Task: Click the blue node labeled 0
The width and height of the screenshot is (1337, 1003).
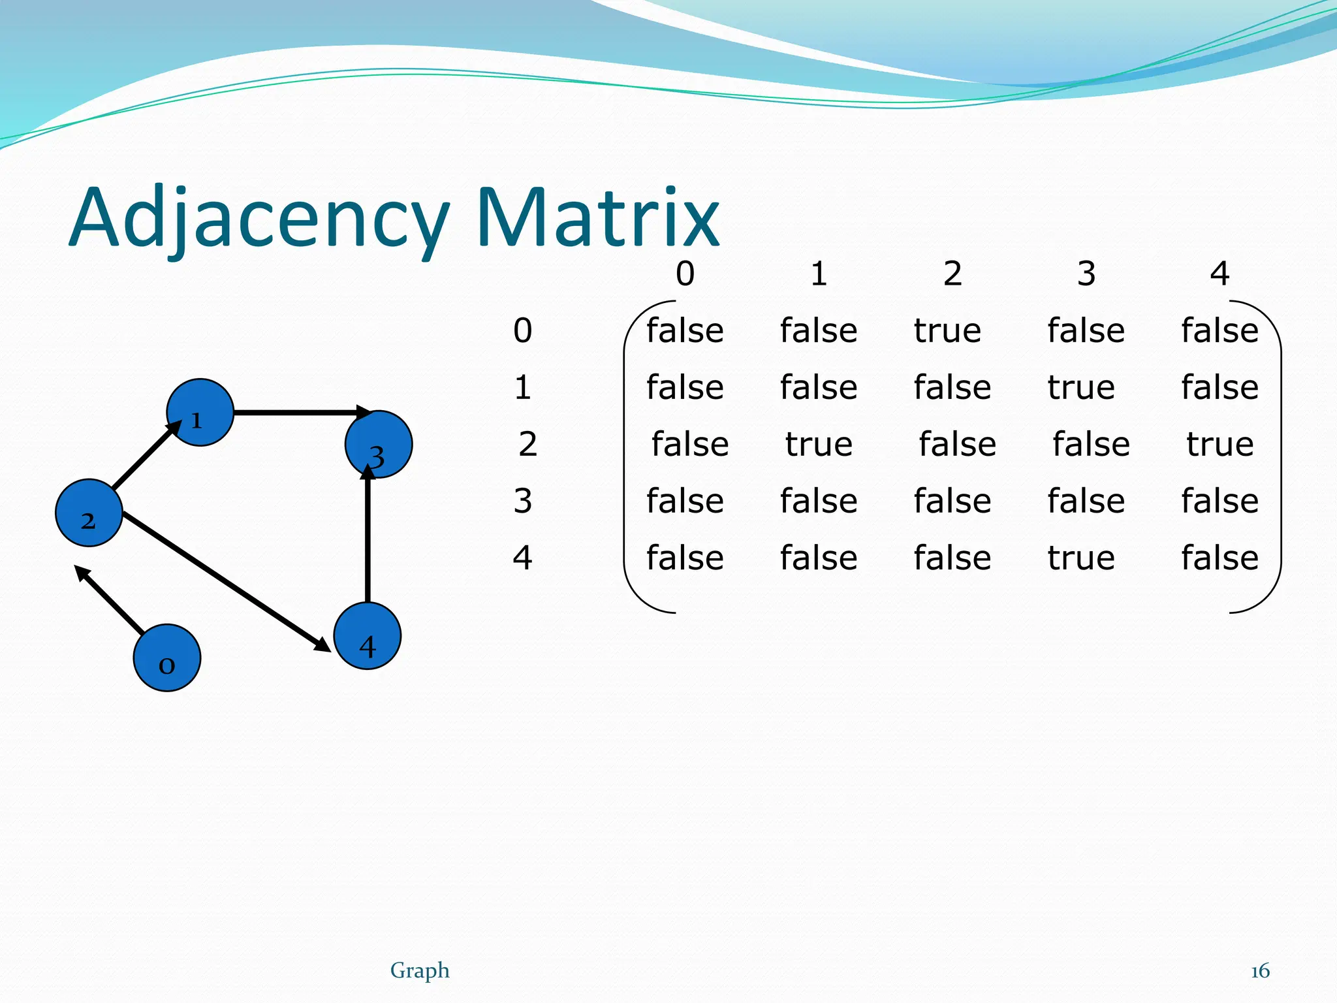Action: (x=166, y=658)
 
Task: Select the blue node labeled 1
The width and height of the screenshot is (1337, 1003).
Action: (x=200, y=412)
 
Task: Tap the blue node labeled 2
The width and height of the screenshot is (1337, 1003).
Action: (x=89, y=513)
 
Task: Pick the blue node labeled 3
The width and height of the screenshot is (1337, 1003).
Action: (x=379, y=444)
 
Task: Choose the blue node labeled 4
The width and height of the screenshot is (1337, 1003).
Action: (x=367, y=635)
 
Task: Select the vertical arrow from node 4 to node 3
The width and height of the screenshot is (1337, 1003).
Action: (x=368, y=535)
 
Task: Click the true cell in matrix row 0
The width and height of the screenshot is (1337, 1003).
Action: (x=947, y=330)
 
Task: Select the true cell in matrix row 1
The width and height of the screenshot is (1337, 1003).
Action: (x=1081, y=387)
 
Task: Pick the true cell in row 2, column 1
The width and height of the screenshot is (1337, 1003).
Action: (x=819, y=444)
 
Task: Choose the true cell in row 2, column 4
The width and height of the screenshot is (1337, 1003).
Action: (x=1219, y=444)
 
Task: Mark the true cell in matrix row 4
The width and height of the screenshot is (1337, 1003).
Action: (x=1081, y=558)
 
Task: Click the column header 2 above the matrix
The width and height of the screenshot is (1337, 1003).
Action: (x=952, y=273)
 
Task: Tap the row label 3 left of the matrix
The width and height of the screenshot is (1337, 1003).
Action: (x=522, y=501)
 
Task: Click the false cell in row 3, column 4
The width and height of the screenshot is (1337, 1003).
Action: (x=1219, y=501)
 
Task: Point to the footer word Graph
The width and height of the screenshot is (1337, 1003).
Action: (x=420, y=970)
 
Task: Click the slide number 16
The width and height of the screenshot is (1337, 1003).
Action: (x=1259, y=971)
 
